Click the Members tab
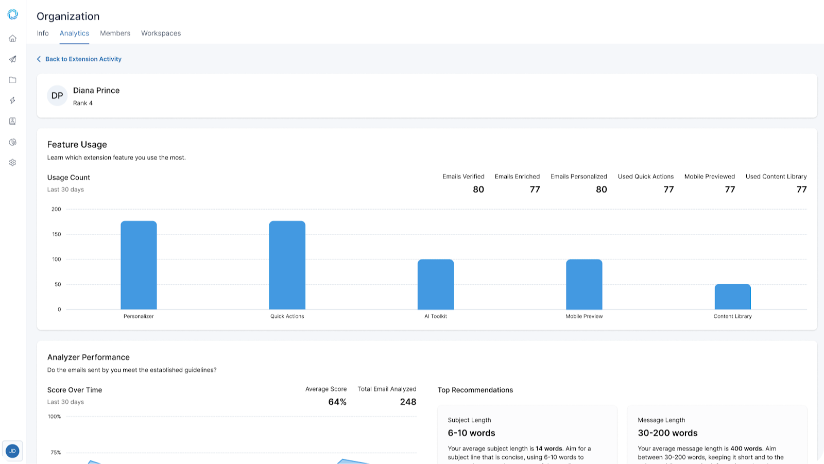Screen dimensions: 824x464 coord(115,33)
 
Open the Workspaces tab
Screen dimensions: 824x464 coord(161,33)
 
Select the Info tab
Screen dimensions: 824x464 coord(43,33)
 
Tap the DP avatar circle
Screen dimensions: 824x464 coord(57,96)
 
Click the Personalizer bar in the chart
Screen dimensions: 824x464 coord(139,265)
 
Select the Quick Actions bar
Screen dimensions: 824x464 coord(287,265)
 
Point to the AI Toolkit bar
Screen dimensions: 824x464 coord(436,284)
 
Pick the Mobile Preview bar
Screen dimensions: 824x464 coord(584,284)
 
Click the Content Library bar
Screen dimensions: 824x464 coord(733,297)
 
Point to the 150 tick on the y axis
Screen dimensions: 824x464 coord(57,234)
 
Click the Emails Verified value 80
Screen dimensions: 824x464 coord(478,189)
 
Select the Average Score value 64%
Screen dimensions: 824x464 coord(337,402)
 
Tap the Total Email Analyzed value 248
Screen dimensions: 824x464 coord(408,402)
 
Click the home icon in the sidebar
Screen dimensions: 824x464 coord(12,39)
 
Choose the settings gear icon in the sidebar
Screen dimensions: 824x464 coord(12,163)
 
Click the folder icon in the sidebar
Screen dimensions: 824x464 coord(12,80)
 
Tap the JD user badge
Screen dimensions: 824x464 coord(12,451)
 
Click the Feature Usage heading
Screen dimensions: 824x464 coord(77,145)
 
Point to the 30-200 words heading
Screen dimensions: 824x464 coord(667,433)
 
